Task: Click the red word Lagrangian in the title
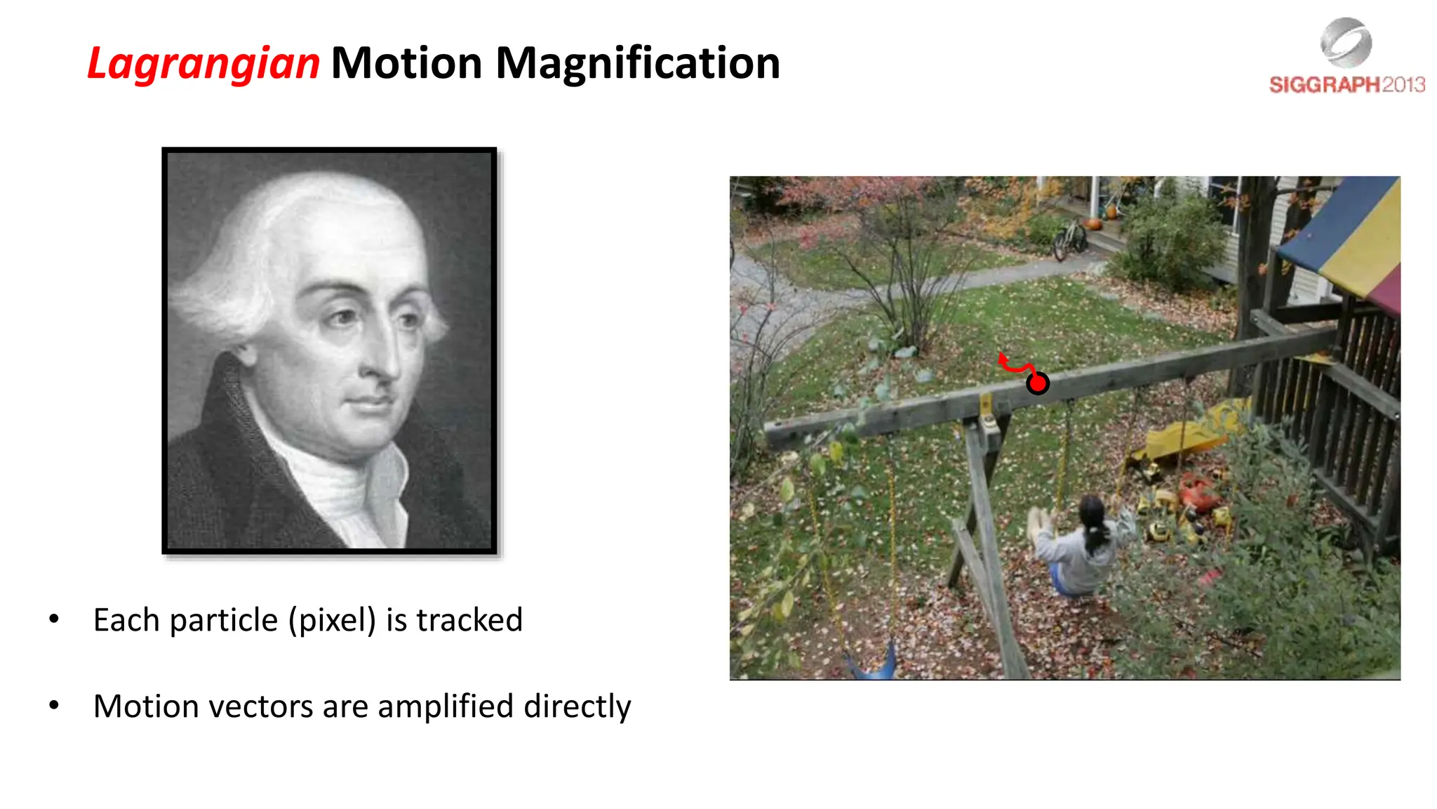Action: (x=203, y=64)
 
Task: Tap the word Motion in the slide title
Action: (x=407, y=64)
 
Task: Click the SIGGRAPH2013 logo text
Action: (x=1346, y=85)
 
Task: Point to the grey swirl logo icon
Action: (x=1345, y=43)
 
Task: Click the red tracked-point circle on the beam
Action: (x=1037, y=383)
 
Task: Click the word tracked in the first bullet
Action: (x=469, y=620)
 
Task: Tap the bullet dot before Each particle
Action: (x=54, y=619)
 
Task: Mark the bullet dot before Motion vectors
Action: (x=54, y=705)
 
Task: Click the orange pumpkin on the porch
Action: (x=1094, y=224)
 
